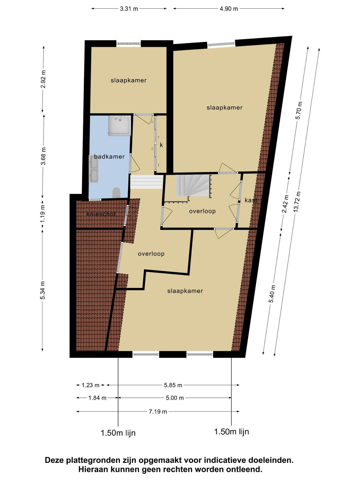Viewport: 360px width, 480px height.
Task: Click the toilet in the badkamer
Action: (x=116, y=192)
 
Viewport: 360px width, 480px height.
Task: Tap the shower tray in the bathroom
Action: (x=120, y=125)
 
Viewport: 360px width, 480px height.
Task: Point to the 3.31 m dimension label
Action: (x=129, y=9)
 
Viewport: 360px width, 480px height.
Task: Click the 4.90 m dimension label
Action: (x=229, y=9)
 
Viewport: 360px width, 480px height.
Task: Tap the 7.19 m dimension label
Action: (x=158, y=412)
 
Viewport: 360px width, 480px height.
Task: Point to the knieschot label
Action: (x=101, y=214)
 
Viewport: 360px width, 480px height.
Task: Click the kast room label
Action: (x=251, y=200)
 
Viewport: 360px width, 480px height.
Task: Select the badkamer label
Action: (x=109, y=157)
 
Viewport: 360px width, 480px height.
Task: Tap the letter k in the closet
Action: (x=161, y=145)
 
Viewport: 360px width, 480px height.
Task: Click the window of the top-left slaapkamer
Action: (x=128, y=43)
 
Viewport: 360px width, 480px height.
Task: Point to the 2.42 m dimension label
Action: (x=285, y=204)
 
